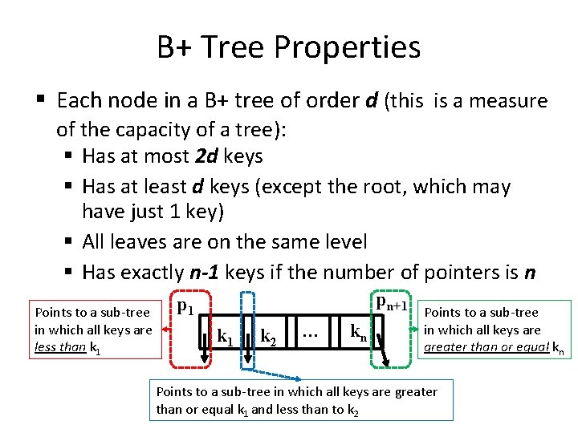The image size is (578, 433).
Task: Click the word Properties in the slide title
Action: point(347,47)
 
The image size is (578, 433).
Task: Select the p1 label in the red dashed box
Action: point(185,305)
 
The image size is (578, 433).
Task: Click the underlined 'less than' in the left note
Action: point(59,347)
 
